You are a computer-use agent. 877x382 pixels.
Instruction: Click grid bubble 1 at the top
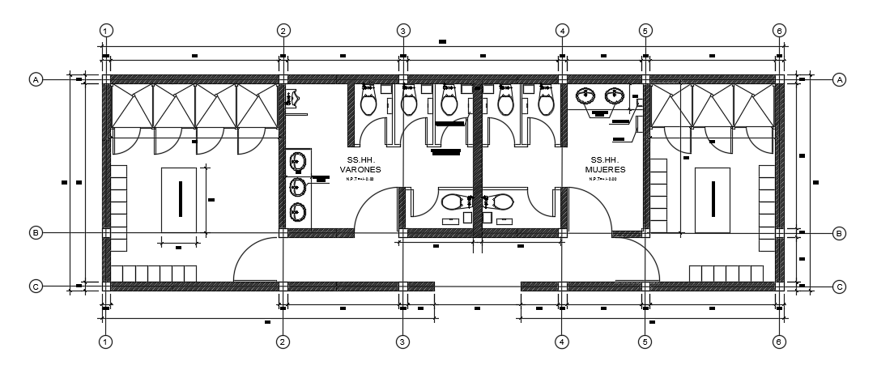[x=105, y=30]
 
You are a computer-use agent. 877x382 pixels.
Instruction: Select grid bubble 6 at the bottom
[x=779, y=342]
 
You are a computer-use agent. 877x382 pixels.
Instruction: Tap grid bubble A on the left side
[x=35, y=79]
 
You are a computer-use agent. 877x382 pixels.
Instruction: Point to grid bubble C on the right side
[x=840, y=286]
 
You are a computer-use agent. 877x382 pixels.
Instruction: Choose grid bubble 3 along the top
[x=402, y=30]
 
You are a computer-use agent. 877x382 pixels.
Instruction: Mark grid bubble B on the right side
[x=840, y=233]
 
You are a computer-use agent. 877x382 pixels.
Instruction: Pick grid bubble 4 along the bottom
[x=561, y=342]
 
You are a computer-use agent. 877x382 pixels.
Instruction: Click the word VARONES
[x=360, y=170]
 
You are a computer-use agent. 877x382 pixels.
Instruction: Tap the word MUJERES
[x=604, y=170]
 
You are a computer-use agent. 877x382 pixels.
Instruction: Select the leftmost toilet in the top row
[x=369, y=102]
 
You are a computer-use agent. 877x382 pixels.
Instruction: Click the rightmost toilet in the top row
[x=544, y=102]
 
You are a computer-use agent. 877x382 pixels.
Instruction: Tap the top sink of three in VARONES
[x=297, y=161]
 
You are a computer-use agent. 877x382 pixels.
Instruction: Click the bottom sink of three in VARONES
[x=297, y=212]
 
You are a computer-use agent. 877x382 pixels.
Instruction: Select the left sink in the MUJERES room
[x=587, y=97]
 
